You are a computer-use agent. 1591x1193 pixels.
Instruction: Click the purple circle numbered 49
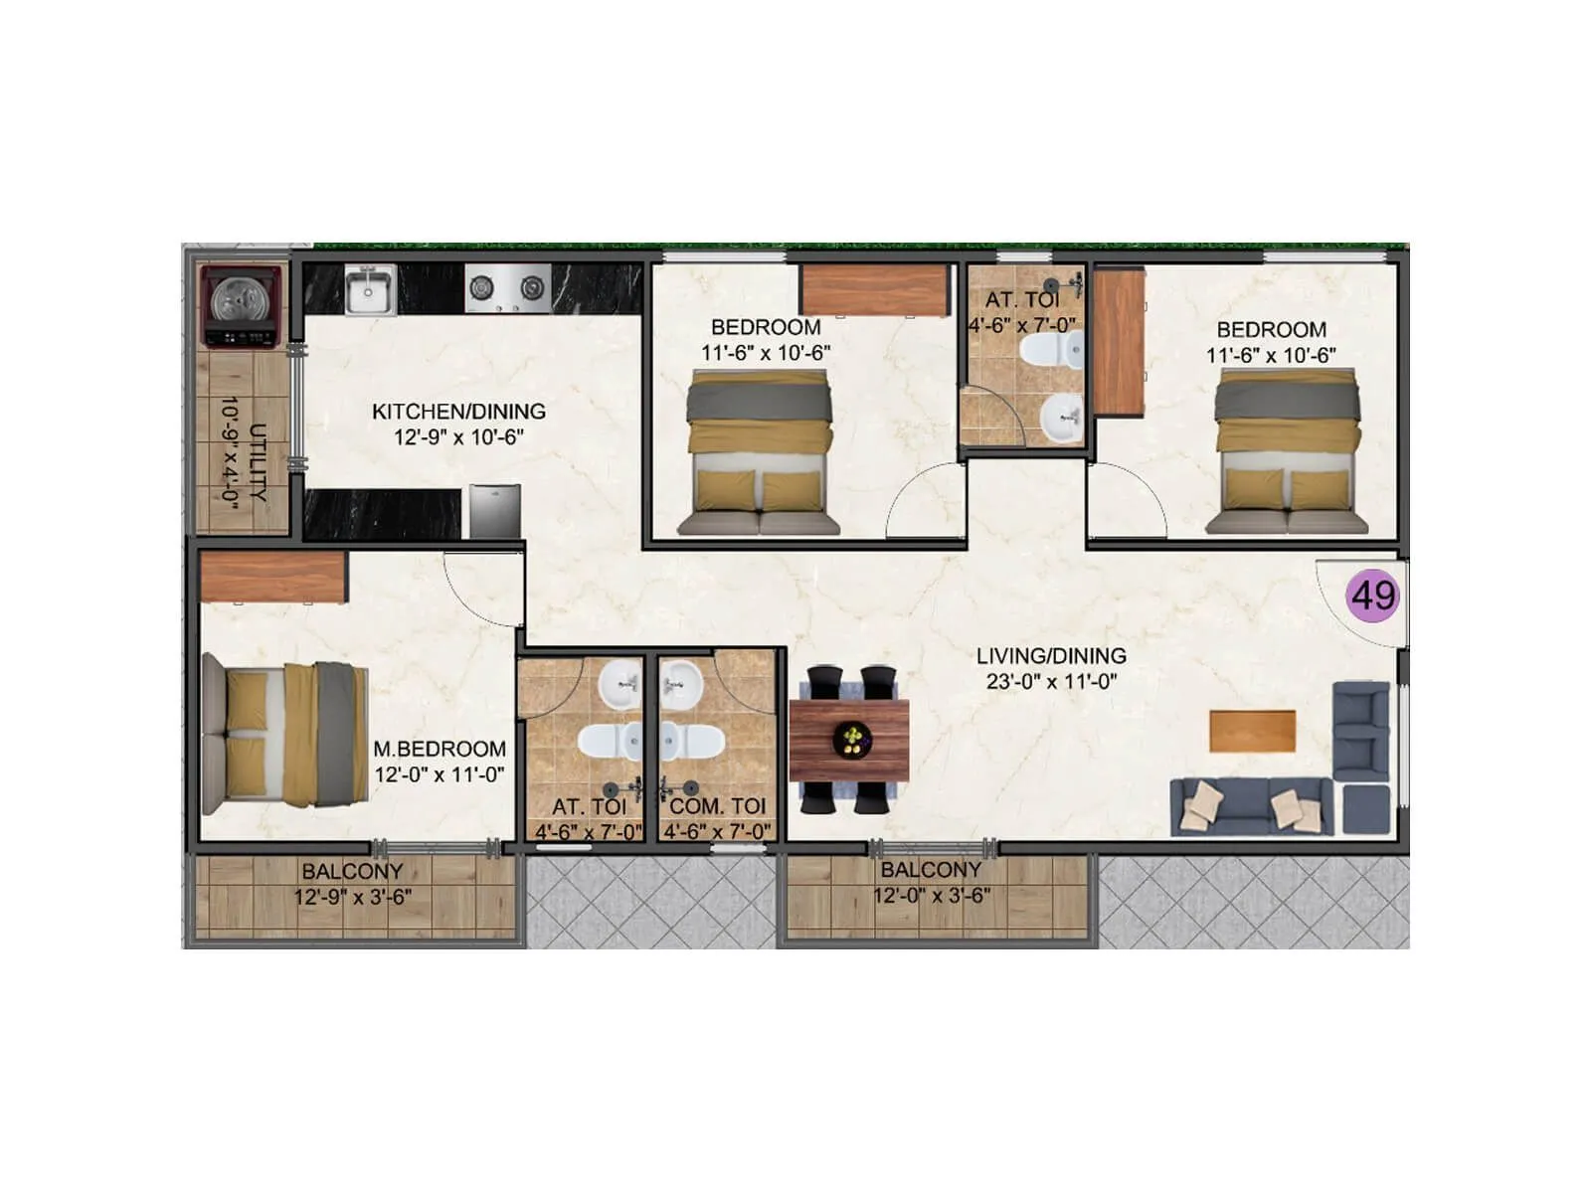1373,596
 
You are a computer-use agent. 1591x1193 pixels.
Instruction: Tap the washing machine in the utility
240,305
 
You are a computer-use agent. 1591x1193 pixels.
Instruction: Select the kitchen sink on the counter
370,289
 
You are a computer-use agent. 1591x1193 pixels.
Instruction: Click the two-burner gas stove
508,288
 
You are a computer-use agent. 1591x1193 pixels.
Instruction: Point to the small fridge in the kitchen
494,511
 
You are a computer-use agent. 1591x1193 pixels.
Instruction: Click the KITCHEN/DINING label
458,412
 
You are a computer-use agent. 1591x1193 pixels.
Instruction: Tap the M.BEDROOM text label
440,749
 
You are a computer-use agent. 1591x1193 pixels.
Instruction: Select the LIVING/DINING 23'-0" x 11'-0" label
1051,668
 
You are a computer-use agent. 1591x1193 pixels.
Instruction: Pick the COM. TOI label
717,806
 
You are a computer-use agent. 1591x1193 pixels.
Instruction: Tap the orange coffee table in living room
1252,731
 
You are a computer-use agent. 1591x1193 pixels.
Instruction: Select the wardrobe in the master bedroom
273,578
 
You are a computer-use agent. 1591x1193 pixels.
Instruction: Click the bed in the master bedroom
285,734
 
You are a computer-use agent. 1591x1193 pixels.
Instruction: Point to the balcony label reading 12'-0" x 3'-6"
932,883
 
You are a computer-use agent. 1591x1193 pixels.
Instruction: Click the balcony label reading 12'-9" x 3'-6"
352,884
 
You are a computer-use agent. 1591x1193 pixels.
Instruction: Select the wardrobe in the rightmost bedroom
1119,342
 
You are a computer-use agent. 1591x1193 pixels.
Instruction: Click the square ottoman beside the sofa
1365,808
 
